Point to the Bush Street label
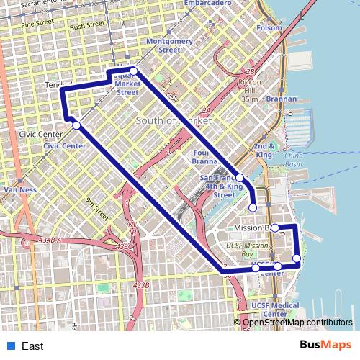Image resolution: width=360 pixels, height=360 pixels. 87,25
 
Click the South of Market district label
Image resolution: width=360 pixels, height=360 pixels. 174,121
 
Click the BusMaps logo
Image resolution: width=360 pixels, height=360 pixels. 325,346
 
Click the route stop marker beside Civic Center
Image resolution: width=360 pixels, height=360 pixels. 76,125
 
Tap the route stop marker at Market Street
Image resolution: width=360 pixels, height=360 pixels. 133,71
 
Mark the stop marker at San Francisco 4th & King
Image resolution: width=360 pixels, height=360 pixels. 240,178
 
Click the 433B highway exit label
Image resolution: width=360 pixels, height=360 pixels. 141,286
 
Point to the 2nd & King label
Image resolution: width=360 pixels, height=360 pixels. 264,150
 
